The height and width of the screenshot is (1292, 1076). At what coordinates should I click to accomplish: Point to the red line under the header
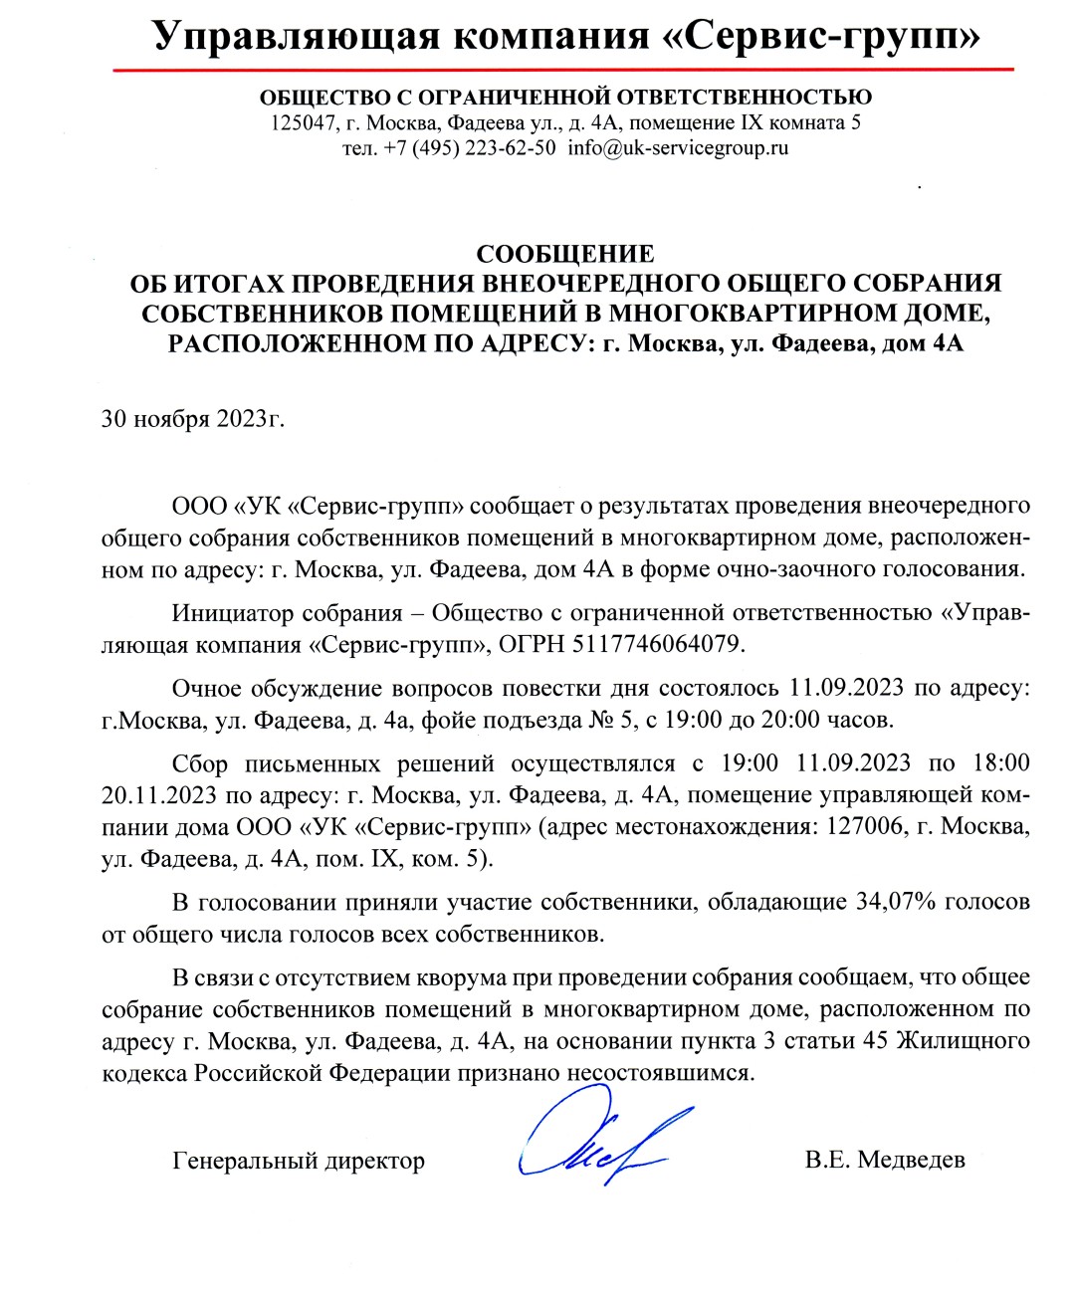tap(562, 70)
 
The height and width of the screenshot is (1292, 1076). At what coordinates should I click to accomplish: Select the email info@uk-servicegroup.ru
tap(678, 149)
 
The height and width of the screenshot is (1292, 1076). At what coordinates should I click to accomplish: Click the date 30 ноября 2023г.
tap(193, 418)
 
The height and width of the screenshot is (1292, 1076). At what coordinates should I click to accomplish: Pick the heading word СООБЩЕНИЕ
tap(564, 254)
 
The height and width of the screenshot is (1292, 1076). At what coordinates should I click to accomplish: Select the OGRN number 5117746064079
tap(657, 644)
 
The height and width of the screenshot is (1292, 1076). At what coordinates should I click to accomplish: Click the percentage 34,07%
tap(895, 902)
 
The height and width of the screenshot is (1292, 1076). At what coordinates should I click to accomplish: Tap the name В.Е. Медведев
tap(885, 1160)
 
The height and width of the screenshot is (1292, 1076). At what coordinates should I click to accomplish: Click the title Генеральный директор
tap(299, 1161)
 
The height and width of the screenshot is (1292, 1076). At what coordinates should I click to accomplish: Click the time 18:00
tap(1000, 763)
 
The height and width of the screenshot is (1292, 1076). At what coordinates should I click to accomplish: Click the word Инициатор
tap(233, 612)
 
